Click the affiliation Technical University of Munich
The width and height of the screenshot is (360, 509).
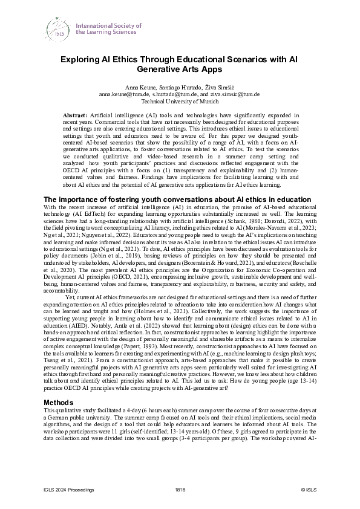[180, 102]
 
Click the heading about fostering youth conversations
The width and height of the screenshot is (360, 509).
[178, 199]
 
